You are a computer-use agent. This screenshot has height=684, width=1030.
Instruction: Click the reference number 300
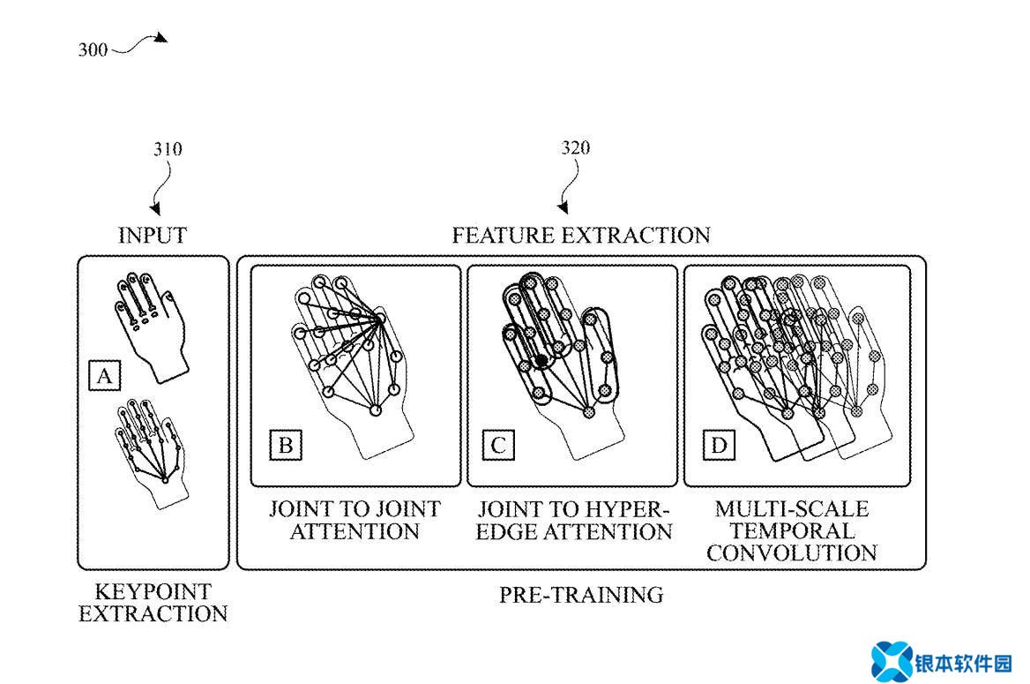[93, 50]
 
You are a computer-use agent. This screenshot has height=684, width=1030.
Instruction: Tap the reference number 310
[168, 148]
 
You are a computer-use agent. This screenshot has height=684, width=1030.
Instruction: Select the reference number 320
[576, 147]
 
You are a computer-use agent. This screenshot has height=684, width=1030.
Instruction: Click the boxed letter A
[104, 376]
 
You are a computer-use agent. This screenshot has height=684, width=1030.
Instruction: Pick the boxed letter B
[286, 445]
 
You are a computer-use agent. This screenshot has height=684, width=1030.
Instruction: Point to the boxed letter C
[498, 445]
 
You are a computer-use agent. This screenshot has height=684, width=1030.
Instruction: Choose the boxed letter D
[719, 445]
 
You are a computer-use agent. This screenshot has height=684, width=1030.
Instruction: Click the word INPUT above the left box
[153, 235]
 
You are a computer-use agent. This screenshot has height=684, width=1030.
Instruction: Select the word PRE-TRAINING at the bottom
[581, 595]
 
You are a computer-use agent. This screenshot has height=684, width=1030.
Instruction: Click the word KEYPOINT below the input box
[153, 591]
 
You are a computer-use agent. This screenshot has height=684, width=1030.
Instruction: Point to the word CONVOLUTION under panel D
[792, 552]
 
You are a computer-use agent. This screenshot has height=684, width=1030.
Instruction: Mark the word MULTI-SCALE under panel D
[792, 508]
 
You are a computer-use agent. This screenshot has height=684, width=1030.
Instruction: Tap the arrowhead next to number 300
[160, 38]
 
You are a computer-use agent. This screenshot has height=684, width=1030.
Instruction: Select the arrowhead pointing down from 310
[156, 209]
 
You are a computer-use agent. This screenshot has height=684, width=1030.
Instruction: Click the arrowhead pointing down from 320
[563, 207]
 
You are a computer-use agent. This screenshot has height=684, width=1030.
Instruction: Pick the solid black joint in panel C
[541, 360]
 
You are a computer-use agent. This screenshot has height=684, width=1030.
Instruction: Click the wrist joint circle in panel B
[375, 410]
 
